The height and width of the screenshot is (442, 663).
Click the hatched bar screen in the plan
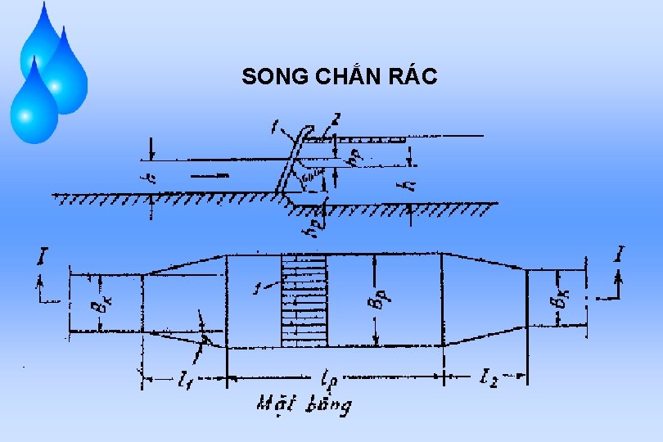pyautogui.click(x=304, y=300)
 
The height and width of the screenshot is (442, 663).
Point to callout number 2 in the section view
pyautogui.click(x=336, y=120)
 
